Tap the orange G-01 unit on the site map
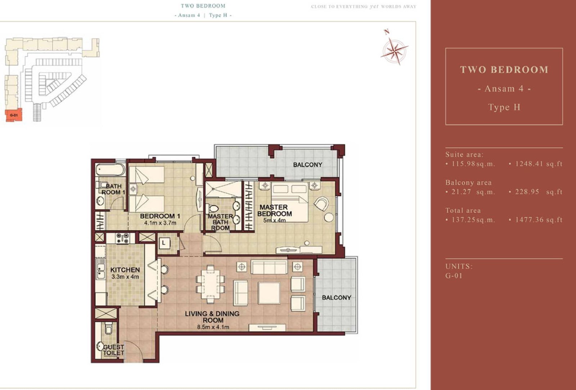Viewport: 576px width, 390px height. click(14, 115)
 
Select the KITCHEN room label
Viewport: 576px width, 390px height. click(125, 270)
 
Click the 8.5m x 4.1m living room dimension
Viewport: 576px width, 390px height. click(213, 327)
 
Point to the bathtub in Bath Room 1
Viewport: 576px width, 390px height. click(111, 170)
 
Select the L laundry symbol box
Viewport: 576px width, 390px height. click(164, 243)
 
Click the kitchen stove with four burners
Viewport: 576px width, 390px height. click(122, 238)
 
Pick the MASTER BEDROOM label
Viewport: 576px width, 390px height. click(274, 210)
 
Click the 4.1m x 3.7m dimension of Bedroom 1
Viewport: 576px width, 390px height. click(160, 223)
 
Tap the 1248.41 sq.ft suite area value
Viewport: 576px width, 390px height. click(539, 164)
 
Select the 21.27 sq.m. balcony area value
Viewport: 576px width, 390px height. click(473, 192)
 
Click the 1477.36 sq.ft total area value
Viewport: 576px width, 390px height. click(539, 220)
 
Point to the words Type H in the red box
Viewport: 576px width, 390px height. click(504, 107)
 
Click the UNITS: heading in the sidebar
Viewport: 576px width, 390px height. click(459, 267)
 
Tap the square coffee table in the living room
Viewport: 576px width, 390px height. click(269, 293)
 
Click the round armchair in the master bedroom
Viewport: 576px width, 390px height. click(321, 204)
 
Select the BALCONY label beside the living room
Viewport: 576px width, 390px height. click(336, 298)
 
